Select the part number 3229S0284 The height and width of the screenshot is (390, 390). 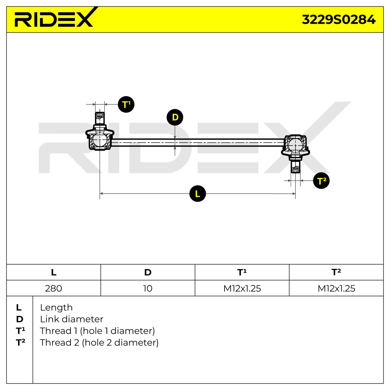coord(338,19)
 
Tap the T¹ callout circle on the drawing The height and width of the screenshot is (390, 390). coord(126,104)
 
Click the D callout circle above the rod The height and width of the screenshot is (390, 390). coord(175,117)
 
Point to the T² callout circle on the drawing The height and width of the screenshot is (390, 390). coord(321,180)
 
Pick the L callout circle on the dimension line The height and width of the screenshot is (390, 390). coord(198,193)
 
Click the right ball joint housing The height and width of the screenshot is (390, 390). coord(295,145)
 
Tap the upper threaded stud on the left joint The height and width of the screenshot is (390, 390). coord(100,119)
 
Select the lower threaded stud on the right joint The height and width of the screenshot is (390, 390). coord(295,166)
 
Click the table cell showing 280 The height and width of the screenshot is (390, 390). coord(54,288)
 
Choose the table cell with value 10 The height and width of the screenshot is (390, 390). coord(148,288)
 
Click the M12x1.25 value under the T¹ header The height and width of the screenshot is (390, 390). coord(242,288)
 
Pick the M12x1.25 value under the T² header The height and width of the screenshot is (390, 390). coord(336,288)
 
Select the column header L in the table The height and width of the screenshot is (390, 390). coord(54,272)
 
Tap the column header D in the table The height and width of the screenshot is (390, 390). coord(148,272)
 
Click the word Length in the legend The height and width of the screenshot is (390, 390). coord(56,308)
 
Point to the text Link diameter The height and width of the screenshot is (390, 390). coord(71,319)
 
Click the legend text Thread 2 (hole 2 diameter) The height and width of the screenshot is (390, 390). coord(99,343)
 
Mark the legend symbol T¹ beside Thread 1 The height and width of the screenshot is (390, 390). coord(20,331)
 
